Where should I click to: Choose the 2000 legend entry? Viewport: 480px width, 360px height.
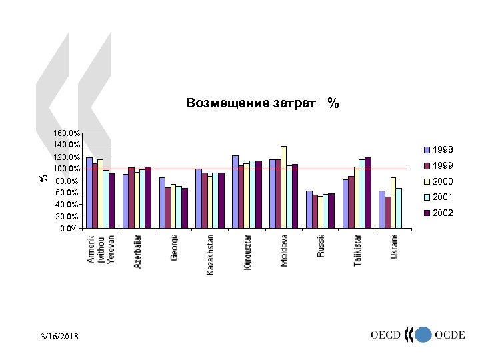pos(441,181)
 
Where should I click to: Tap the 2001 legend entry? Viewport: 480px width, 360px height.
pos(441,197)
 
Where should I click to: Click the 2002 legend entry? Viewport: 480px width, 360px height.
pos(441,213)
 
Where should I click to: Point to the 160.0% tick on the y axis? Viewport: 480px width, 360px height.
pos(67,133)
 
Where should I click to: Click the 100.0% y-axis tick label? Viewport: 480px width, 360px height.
pos(67,169)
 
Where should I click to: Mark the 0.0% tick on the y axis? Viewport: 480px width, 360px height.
pos(69,229)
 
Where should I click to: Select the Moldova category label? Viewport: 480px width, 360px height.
pos(285,250)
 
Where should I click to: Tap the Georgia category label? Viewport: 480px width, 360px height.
pos(174,247)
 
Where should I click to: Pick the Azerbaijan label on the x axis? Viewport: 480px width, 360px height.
pos(137,251)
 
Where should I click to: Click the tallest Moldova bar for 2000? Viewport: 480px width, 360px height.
pos(284,187)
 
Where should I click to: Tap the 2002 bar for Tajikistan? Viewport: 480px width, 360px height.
pos(367,193)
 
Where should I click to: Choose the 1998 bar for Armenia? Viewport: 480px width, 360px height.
pos(89,193)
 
